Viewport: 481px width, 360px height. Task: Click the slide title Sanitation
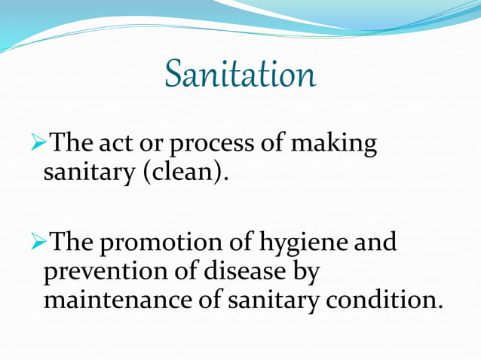240,75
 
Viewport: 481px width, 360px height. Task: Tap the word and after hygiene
375,243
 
